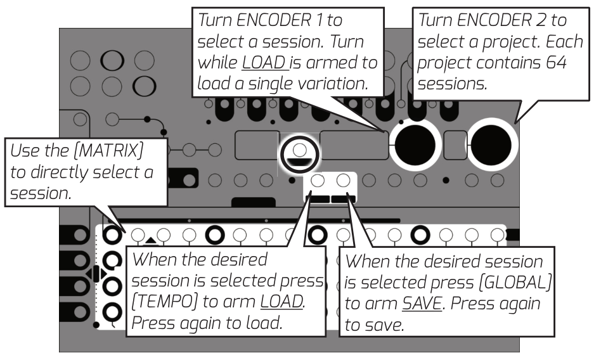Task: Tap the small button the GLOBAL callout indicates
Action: click(343, 181)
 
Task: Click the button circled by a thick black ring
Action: click(299, 150)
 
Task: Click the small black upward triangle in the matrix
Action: click(150, 241)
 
